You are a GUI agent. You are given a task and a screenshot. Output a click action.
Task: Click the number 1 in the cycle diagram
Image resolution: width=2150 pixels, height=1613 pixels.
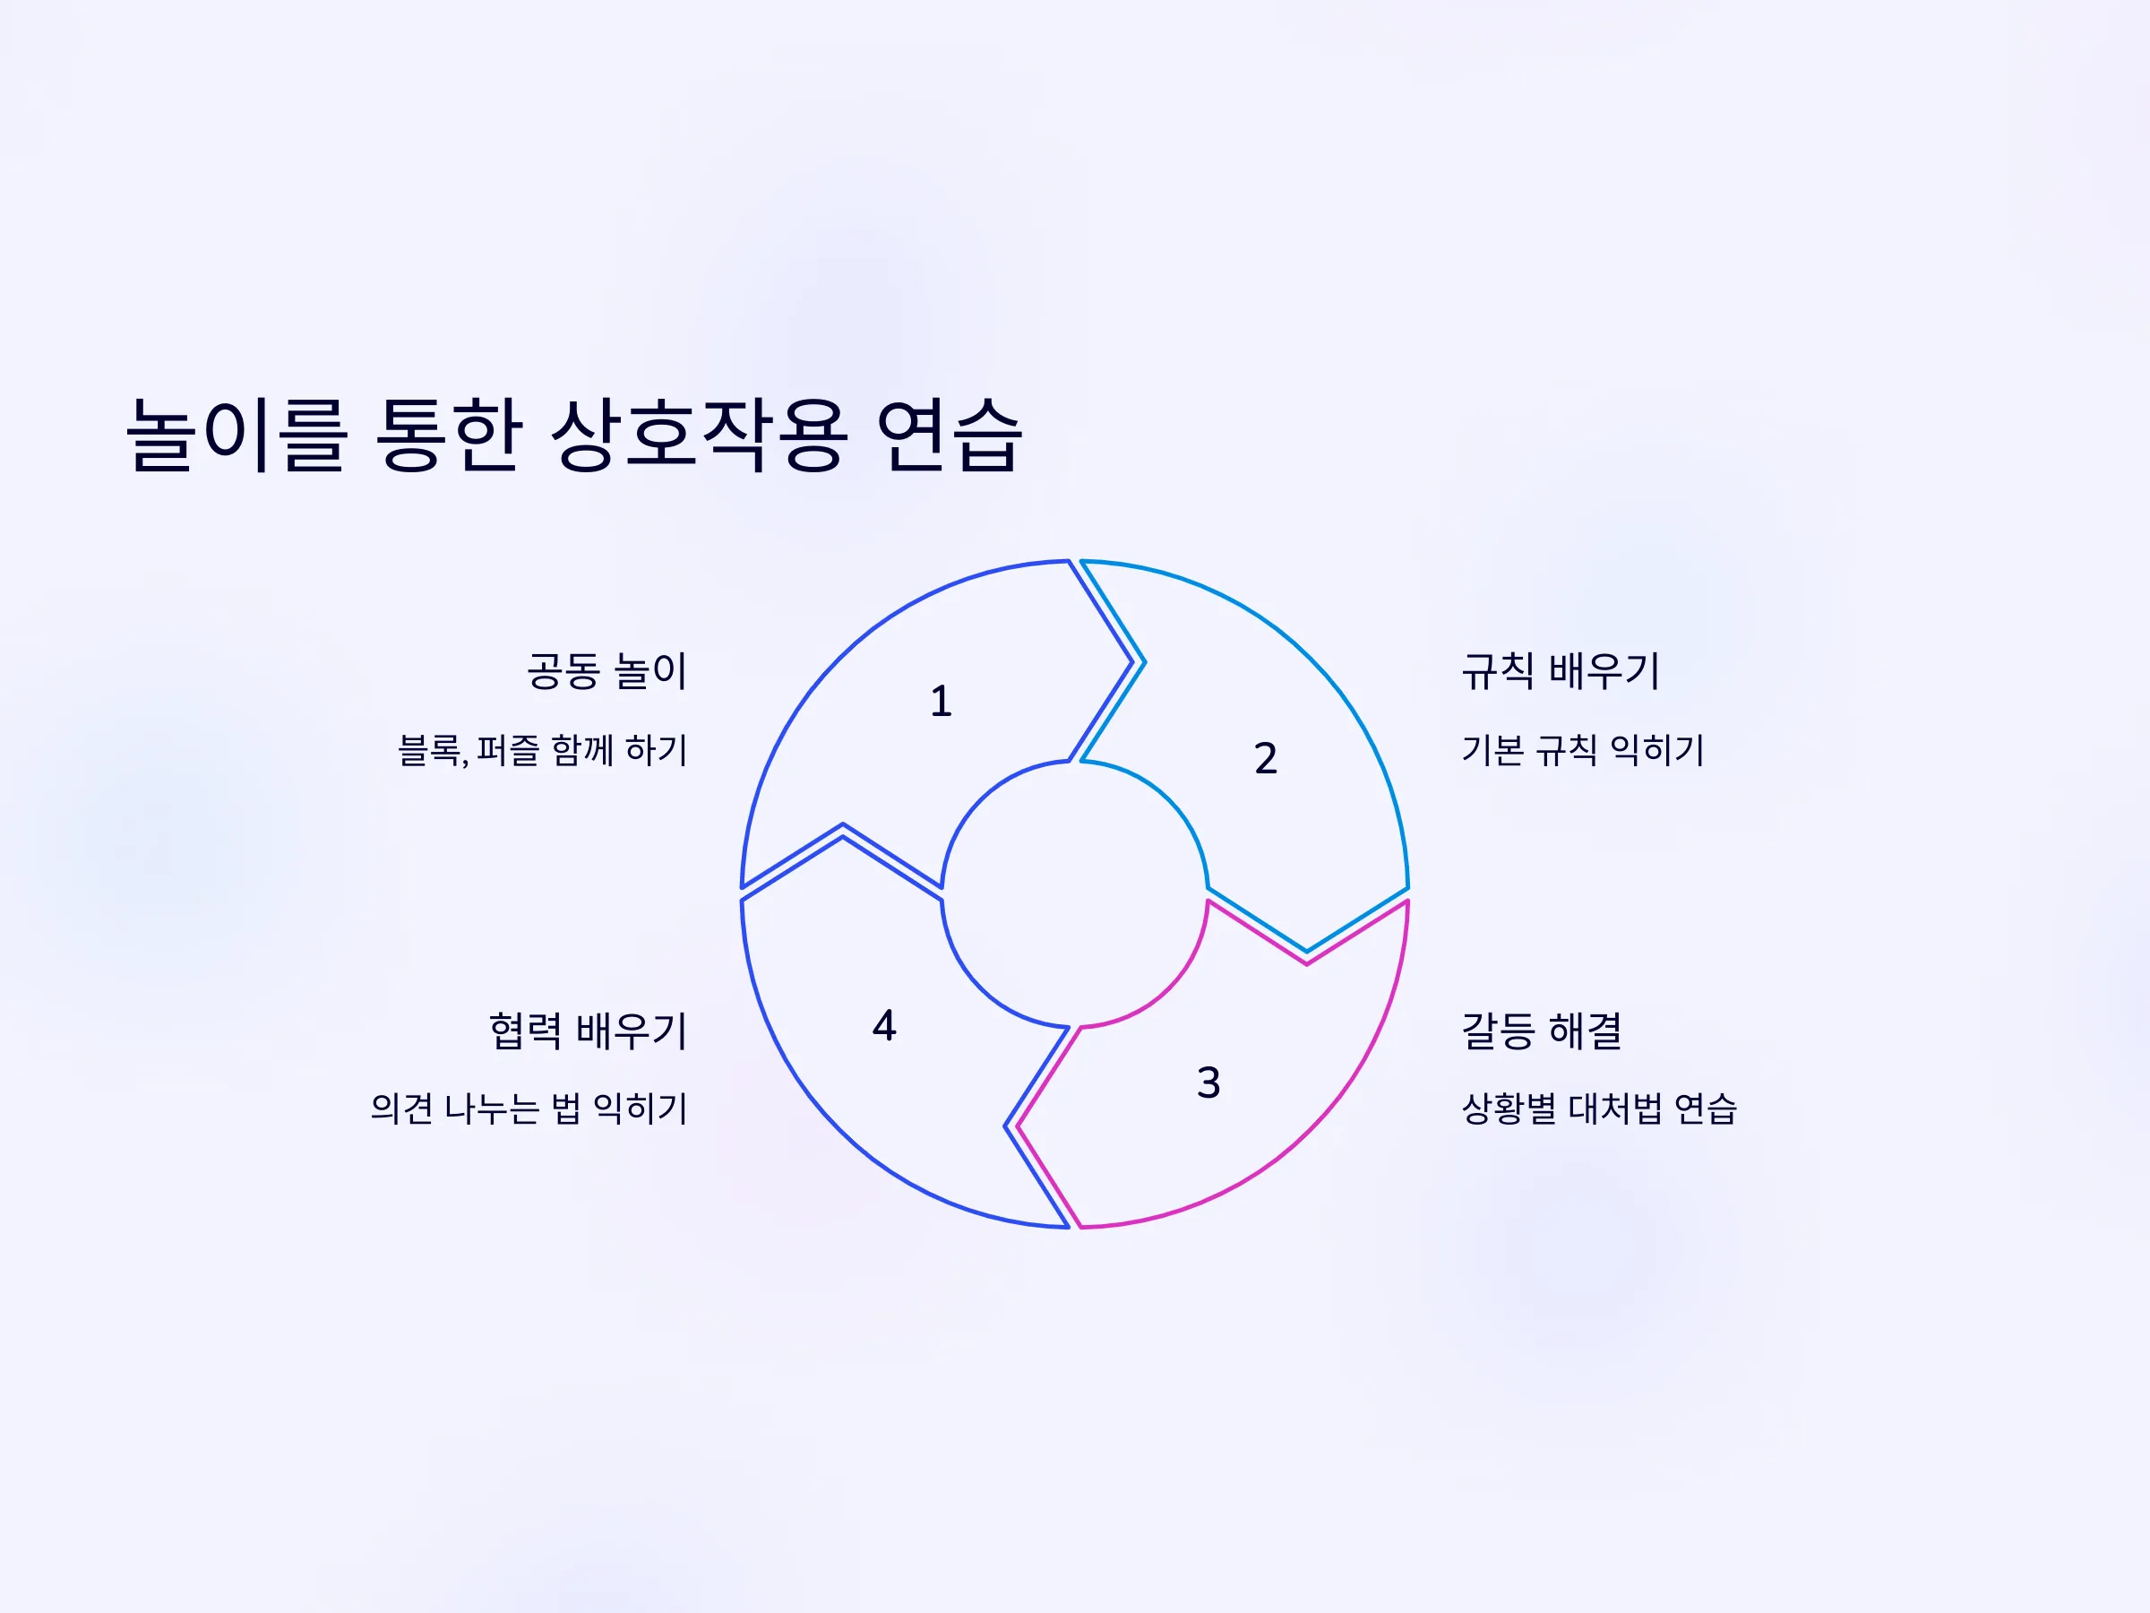pos(940,701)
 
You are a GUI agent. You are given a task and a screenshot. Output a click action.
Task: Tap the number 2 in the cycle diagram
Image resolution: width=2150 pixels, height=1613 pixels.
pos(1265,758)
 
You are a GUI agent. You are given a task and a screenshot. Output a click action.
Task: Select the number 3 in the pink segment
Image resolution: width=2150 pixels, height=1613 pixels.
pos(1208,1083)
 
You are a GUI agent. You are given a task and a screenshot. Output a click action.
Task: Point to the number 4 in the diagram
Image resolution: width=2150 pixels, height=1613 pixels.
pos(883,1025)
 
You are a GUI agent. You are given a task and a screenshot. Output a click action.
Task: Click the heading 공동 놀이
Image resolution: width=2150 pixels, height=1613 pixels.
pos(607,671)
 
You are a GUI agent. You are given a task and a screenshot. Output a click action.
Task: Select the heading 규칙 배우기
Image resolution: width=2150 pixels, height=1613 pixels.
pos(1561,671)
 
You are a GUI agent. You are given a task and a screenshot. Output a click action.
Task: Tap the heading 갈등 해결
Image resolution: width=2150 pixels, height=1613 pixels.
pos(1542,1031)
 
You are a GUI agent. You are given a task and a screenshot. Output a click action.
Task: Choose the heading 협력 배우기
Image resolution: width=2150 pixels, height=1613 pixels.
pos(588,1031)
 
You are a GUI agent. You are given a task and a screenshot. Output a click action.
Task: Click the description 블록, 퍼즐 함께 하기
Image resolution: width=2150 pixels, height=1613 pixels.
pos(542,750)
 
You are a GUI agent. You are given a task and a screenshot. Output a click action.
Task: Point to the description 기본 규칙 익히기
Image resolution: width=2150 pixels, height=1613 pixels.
pos(1583,750)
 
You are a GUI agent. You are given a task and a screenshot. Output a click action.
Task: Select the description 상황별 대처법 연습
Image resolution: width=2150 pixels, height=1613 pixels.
pos(1599,1108)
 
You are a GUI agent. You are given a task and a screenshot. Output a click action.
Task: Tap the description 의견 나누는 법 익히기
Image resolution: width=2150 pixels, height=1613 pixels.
pos(529,1108)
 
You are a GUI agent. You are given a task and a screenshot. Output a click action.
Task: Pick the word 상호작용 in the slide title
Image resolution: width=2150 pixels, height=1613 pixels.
pos(699,435)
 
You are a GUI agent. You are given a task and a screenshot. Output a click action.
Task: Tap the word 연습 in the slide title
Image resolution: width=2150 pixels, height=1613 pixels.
pos(949,435)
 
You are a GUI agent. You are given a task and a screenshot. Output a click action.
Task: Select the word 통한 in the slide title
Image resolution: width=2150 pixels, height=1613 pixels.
pos(448,435)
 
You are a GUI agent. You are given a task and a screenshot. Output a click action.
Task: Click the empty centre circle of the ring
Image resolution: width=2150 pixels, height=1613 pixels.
pos(1074,893)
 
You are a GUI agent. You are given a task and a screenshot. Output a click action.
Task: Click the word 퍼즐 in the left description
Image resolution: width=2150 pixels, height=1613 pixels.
pos(507,750)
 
